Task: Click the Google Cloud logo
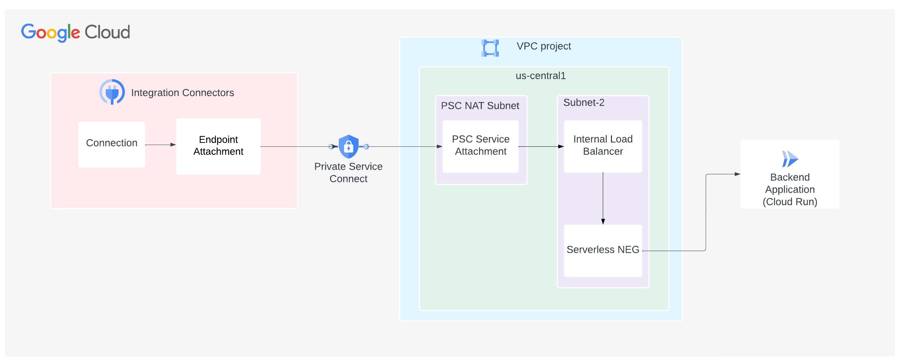tap(75, 33)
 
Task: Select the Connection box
tap(111, 144)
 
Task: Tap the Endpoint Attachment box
tap(218, 146)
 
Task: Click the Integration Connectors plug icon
tap(112, 92)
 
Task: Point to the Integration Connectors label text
tap(182, 93)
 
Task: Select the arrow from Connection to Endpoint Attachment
tap(160, 145)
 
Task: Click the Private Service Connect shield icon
tap(349, 146)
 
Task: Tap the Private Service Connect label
tap(348, 172)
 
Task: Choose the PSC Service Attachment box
tap(480, 146)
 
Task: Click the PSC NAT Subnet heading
tap(480, 105)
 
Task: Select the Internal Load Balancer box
tap(602, 146)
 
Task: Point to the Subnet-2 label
tap(583, 103)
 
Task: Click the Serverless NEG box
tap(602, 250)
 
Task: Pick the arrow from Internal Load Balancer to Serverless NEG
tap(603, 198)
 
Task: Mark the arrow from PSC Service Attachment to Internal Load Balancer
tap(541, 146)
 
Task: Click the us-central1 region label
tap(541, 76)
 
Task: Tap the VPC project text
tap(543, 46)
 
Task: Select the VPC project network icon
tap(490, 48)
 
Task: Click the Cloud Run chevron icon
tap(790, 158)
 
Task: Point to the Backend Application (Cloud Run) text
tap(790, 190)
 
